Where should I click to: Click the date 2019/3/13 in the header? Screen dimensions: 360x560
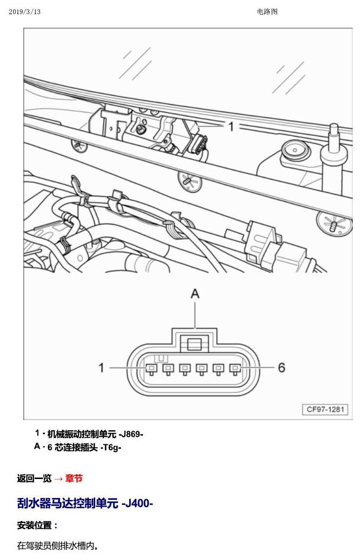25,12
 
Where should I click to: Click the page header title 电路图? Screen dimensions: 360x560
267,12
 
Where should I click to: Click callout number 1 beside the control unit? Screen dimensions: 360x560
231,126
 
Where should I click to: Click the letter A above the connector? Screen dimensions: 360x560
195,294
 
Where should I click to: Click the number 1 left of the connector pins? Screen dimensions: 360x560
101,367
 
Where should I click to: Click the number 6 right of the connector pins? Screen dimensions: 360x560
281,367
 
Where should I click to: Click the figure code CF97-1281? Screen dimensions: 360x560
325,409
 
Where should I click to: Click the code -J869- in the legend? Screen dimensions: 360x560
131,434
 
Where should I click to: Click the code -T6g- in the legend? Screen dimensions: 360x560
111,447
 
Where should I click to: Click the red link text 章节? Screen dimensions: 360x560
74,478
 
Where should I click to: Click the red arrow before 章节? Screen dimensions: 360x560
59,479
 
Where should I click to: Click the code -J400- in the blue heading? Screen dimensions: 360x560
137,503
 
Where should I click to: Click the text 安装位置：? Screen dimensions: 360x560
37,525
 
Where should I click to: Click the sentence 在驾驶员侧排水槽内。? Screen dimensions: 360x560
58,546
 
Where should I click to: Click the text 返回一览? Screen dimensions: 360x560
34,478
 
